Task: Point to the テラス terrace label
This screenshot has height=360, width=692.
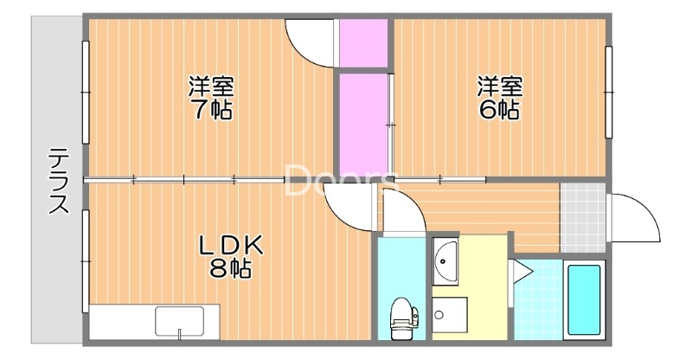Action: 59,182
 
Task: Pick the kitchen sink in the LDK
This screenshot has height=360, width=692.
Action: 179,321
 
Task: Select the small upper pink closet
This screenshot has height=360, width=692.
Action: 363,42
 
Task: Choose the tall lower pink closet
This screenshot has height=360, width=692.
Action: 362,125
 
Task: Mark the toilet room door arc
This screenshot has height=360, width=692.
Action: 400,214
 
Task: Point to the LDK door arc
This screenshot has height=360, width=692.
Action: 350,208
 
